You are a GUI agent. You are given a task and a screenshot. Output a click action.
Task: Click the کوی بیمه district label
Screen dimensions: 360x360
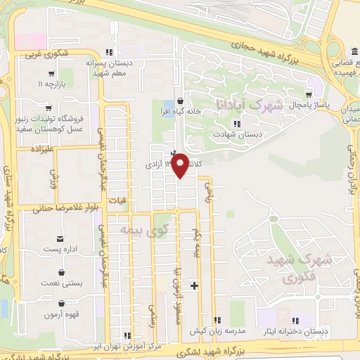(x=145, y=229)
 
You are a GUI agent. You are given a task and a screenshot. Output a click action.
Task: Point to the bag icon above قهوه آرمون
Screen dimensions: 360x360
(x=61, y=304)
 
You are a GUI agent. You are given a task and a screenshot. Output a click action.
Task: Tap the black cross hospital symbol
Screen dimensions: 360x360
(x=194, y=285)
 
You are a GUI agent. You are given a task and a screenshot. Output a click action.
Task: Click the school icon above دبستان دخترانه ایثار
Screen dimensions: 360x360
(x=295, y=320)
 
